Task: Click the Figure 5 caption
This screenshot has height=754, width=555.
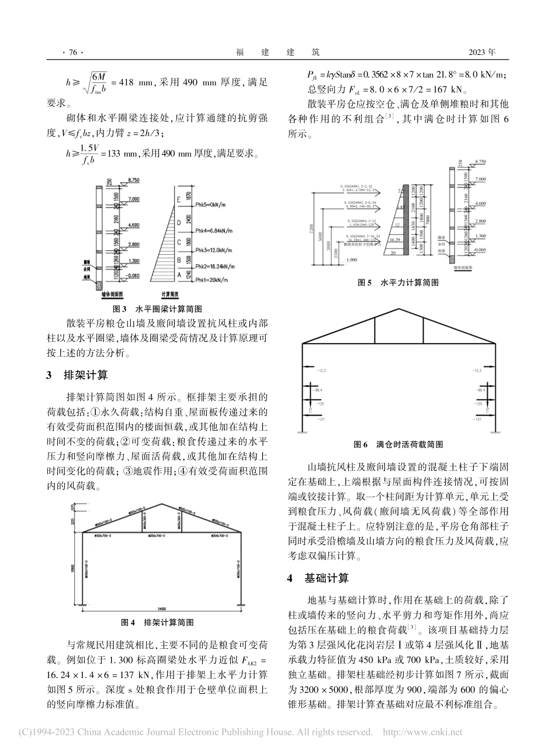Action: (400, 282)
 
